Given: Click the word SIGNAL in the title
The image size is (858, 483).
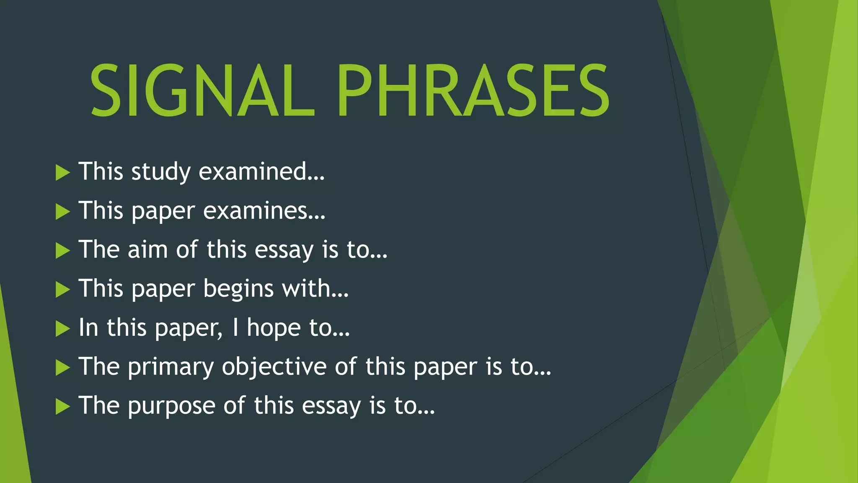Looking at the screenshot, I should (x=202, y=91).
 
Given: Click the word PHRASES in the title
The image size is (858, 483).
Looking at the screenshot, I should (x=473, y=91).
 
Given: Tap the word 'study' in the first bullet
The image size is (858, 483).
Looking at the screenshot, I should (x=161, y=172).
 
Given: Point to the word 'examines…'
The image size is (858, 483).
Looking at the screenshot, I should (x=264, y=210).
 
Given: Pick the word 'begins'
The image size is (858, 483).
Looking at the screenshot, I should (x=238, y=289).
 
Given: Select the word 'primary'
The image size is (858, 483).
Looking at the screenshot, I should (x=171, y=367).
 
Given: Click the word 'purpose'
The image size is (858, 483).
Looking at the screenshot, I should (x=172, y=406).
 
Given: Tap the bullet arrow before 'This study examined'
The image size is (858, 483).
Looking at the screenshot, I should (x=62, y=173).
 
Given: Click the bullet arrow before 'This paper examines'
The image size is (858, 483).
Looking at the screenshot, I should (x=62, y=212).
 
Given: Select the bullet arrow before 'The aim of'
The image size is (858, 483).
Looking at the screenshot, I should (x=62, y=251).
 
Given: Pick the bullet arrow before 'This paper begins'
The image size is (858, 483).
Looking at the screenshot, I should (x=62, y=290).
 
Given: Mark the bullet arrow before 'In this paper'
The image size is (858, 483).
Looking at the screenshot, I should (x=62, y=329).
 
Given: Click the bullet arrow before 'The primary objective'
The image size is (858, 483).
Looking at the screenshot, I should (x=62, y=368).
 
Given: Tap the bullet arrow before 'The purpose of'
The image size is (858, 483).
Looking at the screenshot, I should (x=62, y=407).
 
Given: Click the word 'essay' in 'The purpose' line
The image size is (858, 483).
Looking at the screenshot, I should (x=331, y=406).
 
